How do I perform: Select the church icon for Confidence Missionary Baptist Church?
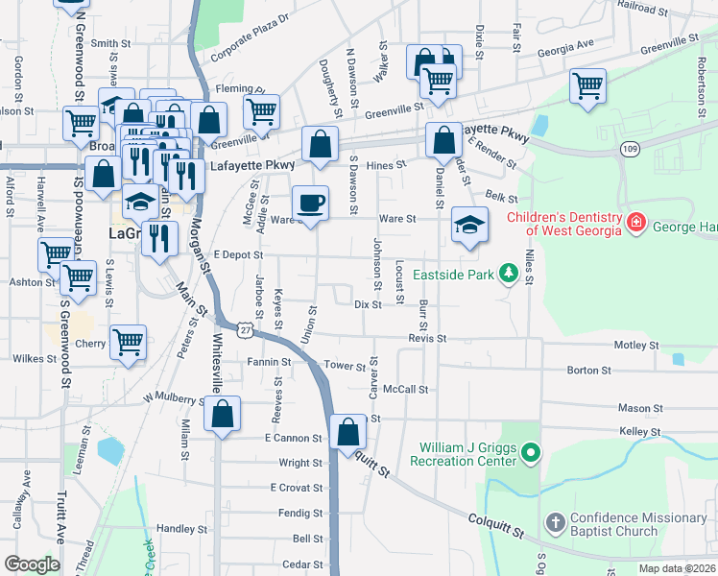click(x=554, y=524)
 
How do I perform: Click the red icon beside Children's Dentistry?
click(x=634, y=224)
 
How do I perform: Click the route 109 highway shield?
click(x=630, y=149)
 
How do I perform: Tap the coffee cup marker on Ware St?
click(x=310, y=204)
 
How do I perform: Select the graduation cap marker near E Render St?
click(x=468, y=227)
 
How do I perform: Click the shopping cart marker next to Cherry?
click(x=128, y=342)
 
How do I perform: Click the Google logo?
click(x=32, y=564)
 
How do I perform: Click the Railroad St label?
click(x=642, y=7)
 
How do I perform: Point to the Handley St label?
click(x=176, y=529)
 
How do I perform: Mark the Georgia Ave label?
click(x=565, y=55)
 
